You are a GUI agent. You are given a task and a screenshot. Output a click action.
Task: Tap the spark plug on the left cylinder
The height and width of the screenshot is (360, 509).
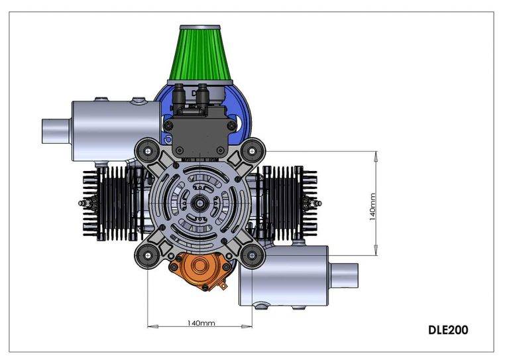[x=83, y=203]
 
